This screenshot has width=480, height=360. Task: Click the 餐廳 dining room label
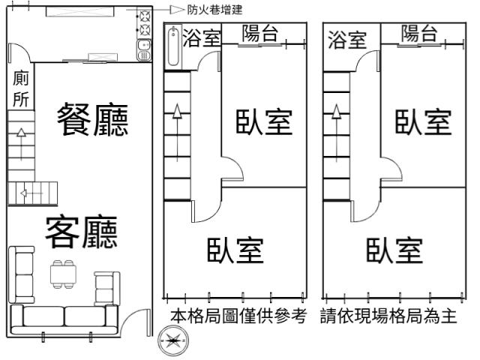tap(93, 119)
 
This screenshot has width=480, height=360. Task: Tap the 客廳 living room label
tap(82, 232)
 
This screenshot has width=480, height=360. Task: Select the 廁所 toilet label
tap(21, 88)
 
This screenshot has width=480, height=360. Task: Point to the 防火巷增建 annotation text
tap(215, 10)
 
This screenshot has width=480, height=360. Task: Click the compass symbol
tap(173, 340)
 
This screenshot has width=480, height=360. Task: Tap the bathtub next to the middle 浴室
tap(173, 46)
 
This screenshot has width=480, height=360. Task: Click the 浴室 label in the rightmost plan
tap(347, 40)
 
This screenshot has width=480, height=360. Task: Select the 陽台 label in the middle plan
tap(260, 33)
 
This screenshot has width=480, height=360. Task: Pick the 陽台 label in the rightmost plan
tap(419, 33)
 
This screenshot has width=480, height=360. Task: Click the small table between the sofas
tap(63, 274)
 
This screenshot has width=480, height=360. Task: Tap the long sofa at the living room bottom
tap(64, 319)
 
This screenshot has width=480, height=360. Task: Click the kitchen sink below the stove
tap(144, 50)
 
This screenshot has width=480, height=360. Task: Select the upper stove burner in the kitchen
tap(145, 16)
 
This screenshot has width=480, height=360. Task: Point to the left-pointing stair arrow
tap(31, 193)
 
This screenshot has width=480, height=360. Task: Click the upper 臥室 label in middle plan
tap(264, 121)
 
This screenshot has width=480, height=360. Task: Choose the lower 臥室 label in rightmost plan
tap(394, 250)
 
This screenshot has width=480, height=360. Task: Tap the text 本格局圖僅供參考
tap(238, 316)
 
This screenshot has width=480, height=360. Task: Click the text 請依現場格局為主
tap(388, 316)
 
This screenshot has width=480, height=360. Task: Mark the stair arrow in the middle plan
tap(177, 133)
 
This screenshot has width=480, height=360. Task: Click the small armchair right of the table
tap(106, 288)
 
